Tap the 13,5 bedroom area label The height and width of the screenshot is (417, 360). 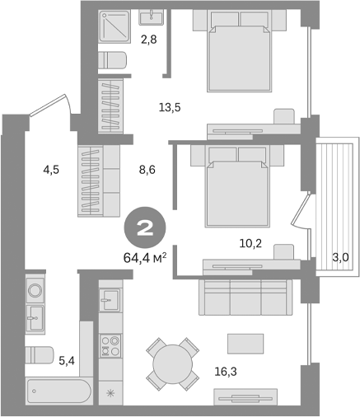click(170, 106)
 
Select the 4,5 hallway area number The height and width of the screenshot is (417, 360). click(50, 171)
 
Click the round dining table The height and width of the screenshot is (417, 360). click(174, 363)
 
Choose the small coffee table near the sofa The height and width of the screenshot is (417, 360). click(245, 342)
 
